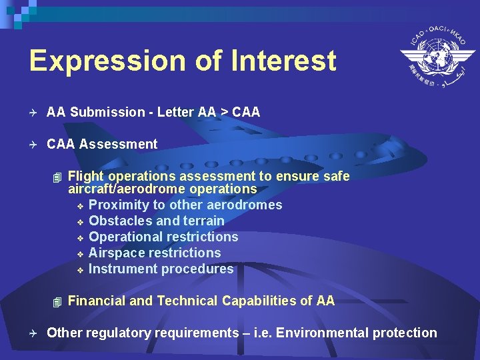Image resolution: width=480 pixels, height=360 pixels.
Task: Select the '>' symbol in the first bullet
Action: click(x=225, y=112)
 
